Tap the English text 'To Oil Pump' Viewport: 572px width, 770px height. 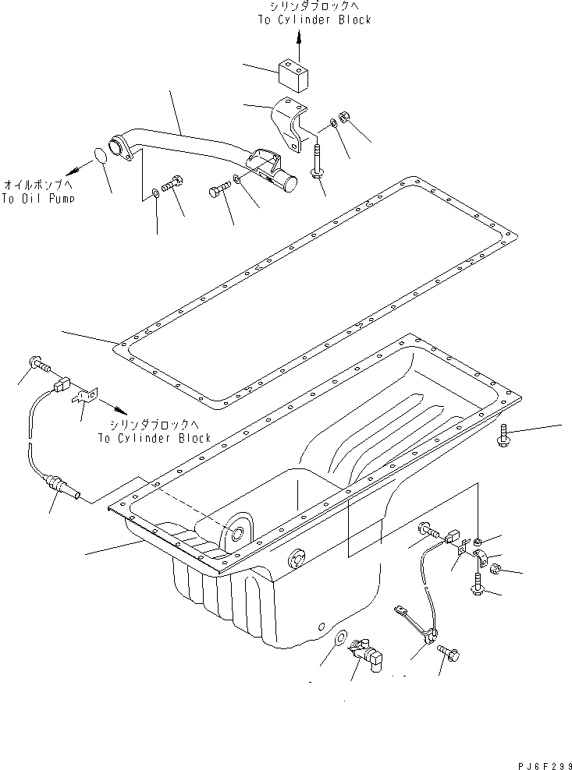tap(38, 200)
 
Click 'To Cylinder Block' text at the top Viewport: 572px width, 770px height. tap(314, 19)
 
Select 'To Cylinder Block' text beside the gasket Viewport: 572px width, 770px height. tap(155, 438)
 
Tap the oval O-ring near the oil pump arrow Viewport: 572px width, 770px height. tap(99, 156)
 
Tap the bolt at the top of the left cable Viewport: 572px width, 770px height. tap(37, 362)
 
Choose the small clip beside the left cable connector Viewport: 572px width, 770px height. tap(83, 398)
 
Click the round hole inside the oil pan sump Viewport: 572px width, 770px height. tap(236, 534)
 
